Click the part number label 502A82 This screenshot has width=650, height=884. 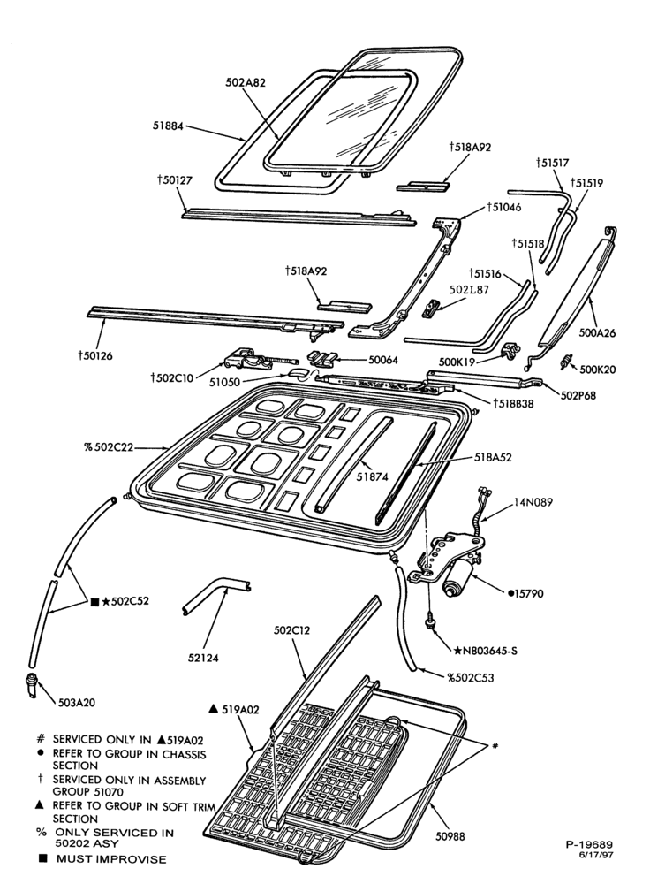pos(246,82)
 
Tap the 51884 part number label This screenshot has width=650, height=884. pos(169,126)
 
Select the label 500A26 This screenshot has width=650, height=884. pos(598,333)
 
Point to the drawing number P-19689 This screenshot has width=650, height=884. pos(589,844)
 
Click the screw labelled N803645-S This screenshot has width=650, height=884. pos(430,621)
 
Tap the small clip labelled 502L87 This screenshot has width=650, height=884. pos(431,307)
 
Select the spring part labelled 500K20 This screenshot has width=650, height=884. pos(566,362)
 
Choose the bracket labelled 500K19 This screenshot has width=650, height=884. pos(510,350)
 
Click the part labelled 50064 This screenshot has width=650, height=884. pos(323,357)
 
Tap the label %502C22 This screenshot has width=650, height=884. pos(109,447)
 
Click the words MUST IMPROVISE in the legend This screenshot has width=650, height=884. pos(111,859)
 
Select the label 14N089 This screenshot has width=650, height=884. pos(533,502)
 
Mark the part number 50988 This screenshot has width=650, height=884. pos(450,836)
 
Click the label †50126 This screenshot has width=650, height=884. pos(95,355)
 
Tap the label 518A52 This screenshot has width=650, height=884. pos(493,457)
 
